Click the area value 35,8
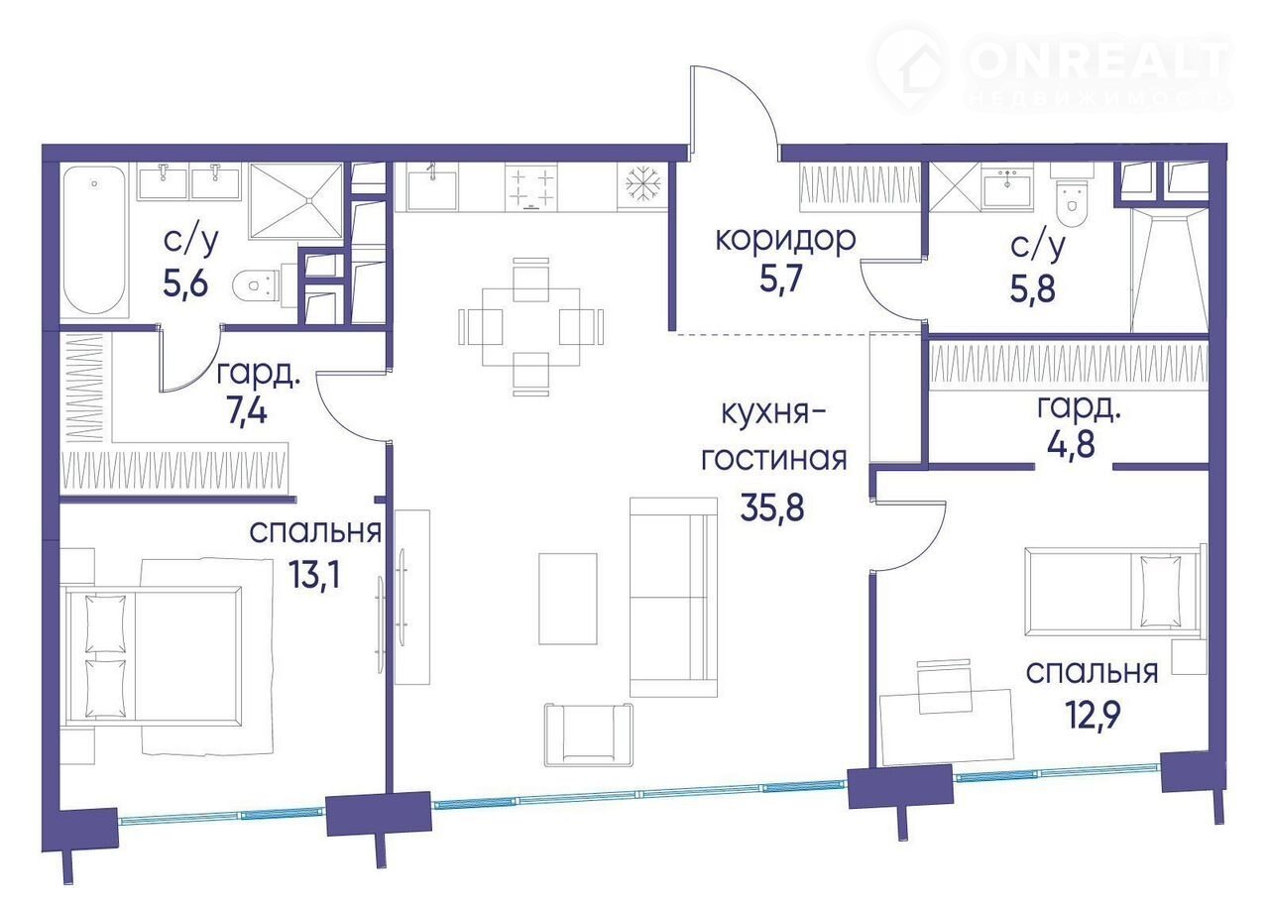(x=772, y=507)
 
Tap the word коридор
(x=785, y=239)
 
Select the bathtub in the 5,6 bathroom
(x=94, y=240)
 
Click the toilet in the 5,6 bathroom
(x=261, y=285)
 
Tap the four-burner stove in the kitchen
(x=530, y=187)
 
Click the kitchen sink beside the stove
(x=432, y=187)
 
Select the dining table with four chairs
(x=530, y=326)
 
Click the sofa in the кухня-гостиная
(x=673, y=597)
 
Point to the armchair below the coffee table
(x=589, y=734)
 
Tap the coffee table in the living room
(x=568, y=599)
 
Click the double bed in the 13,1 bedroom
(x=152, y=656)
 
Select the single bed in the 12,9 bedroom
(x=1115, y=592)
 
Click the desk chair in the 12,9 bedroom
(x=945, y=686)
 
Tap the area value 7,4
(x=246, y=410)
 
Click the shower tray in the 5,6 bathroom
(x=296, y=200)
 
